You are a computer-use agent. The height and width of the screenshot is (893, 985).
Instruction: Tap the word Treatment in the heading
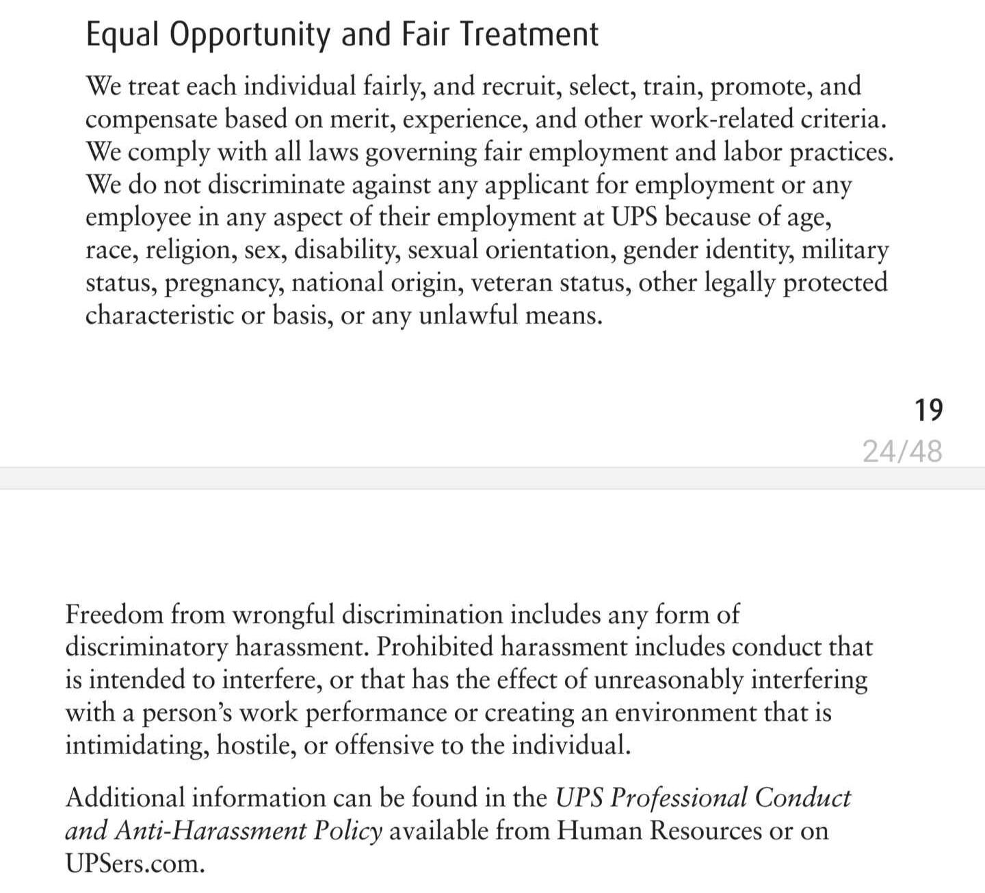point(528,34)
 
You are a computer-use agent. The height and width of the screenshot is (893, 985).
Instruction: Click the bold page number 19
point(928,410)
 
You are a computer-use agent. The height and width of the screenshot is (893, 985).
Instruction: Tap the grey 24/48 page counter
point(902,451)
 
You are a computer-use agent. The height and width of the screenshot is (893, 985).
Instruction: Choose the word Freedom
point(114,614)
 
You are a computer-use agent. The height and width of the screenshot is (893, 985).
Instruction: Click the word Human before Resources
point(599,831)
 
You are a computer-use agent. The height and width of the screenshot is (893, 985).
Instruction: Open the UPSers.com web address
point(135,864)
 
